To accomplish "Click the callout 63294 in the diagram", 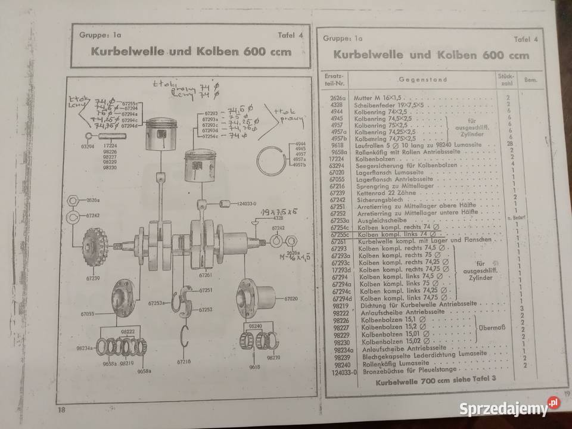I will click(88, 145).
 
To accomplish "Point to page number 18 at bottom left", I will click(61, 410).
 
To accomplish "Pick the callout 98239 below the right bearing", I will click(273, 357).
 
